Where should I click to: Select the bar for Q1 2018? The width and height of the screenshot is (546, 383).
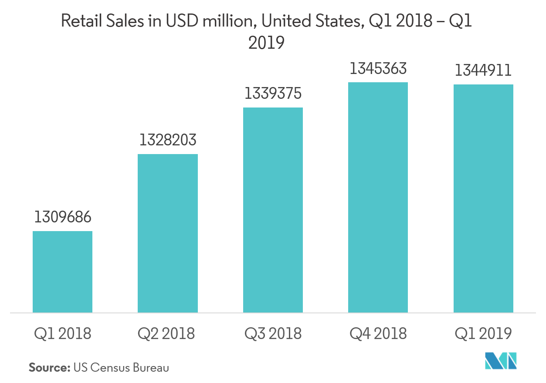(x=62, y=272)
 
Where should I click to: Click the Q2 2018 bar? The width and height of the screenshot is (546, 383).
(x=167, y=233)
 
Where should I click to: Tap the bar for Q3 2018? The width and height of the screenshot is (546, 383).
(x=273, y=210)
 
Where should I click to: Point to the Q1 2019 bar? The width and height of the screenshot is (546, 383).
(x=483, y=198)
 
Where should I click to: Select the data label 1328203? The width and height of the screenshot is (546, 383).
(x=168, y=140)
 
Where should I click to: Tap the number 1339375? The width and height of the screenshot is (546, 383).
(x=273, y=94)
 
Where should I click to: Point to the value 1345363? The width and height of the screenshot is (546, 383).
(x=378, y=68)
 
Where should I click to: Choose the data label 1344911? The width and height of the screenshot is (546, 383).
(x=483, y=71)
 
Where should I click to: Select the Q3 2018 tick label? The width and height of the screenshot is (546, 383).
(x=273, y=334)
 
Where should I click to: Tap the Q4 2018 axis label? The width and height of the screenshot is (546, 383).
(x=378, y=334)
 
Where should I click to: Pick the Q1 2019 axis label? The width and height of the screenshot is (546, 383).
(x=483, y=334)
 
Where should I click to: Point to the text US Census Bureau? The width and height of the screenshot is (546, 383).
(x=121, y=367)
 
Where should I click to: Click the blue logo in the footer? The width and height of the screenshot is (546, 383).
(x=502, y=361)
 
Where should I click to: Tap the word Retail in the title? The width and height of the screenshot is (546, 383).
(x=78, y=21)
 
